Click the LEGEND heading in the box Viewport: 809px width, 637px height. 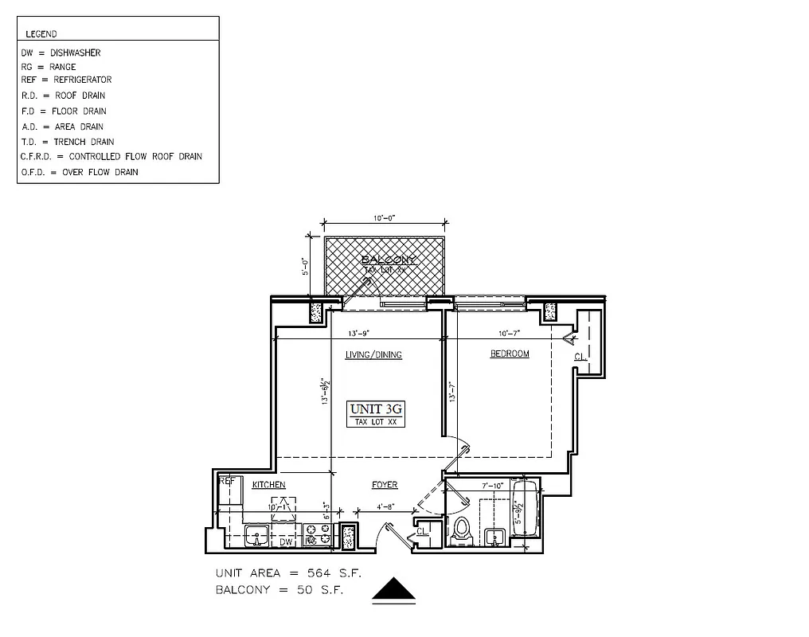(x=41, y=34)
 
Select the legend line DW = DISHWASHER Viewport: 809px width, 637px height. (x=61, y=53)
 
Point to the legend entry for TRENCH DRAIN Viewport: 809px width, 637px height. (x=68, y=142)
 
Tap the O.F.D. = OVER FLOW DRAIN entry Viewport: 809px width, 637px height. (x=80, y=172)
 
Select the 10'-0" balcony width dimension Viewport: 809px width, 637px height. (x=383, y=218)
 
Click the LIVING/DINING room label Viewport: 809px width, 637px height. (x=373, y=354)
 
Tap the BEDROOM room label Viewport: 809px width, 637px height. (x=509, y=354)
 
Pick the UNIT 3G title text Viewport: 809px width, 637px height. (x=377, y=408)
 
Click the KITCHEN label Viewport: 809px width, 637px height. (x=268, y=485)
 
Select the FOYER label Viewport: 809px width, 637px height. (x=385, y=485)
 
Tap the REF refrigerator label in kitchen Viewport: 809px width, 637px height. (x=227, y=481)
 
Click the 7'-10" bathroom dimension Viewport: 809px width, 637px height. (x=494, y=485)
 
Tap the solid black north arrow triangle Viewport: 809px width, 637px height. (x=395, y=590)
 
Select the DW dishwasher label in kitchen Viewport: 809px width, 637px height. (x=286, y=542)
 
